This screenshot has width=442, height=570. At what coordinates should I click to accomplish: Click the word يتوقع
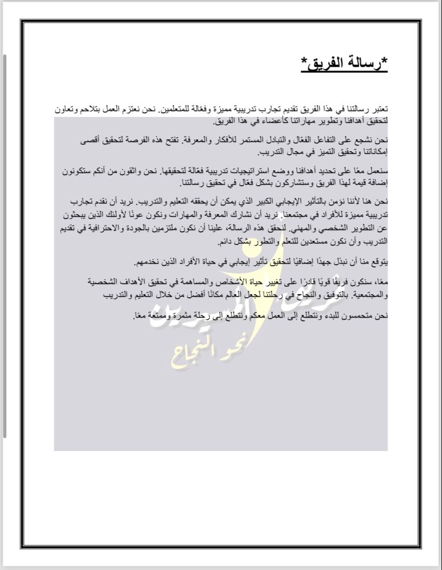click(x=379, y=262)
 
